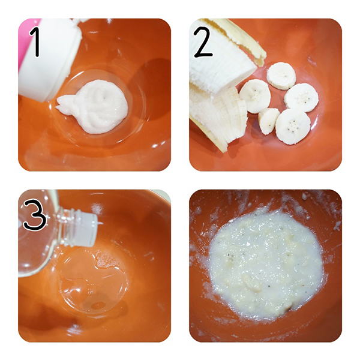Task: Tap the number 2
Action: tap(203, 41)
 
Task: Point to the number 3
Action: tap(35, 214)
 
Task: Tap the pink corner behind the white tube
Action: tap(25, 41)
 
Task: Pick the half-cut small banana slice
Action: tap(268, 121)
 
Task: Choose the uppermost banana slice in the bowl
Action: tap(281, 76)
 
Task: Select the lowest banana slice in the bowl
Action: tap(293, 127)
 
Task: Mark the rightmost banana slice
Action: tap(301, 98)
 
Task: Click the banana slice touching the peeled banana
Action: tap(255, 96)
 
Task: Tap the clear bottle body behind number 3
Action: tap(37, 244)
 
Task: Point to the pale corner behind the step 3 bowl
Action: tap(163, 194)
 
